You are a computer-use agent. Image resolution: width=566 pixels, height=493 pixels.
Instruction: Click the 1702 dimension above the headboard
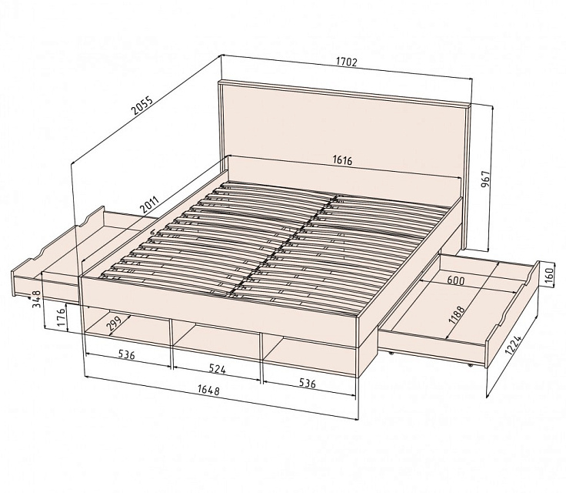pyautogui.click(x=347, y=62)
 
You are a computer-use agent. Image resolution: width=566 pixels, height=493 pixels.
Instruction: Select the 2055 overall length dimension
pyautogui.click(x=143, y=106)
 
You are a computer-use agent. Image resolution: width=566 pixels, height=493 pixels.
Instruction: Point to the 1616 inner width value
pyautogui.click(x=342, y=160)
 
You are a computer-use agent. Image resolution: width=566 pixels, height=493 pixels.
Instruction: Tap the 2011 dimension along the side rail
pyautogui.click(x=149, y=204)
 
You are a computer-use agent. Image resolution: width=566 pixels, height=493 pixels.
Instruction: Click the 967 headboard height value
pyautogui.click(x=487, y=179)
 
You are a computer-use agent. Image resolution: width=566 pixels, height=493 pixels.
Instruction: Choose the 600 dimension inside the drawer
pyautogui.click(x=455, y=280)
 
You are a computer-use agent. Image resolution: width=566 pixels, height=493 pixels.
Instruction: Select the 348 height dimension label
pyautogui.click(x=37, y=300)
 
